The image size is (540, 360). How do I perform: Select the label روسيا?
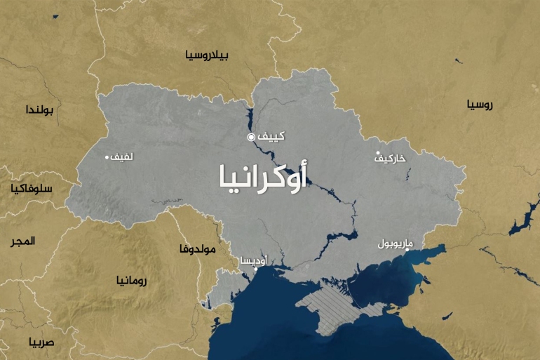coord(480,105)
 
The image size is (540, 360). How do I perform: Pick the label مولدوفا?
coord(198,248)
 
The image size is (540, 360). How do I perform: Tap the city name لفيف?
coord(122,157)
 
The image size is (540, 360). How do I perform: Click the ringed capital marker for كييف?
coord(251,137)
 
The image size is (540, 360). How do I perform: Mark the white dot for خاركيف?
coord(378,154)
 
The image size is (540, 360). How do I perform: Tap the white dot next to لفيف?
coord(107,157)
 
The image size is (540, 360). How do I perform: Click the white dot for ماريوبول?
coord(408,250)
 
